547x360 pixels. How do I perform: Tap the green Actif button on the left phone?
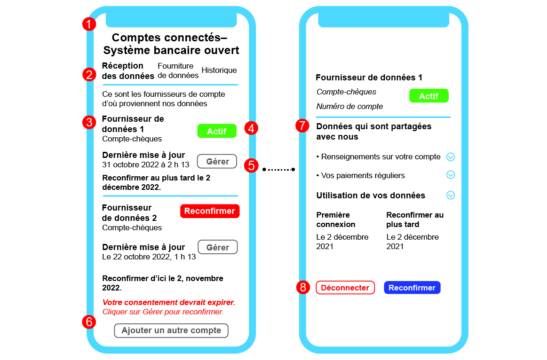point(216,131)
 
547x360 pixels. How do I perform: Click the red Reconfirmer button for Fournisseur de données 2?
point(209,211)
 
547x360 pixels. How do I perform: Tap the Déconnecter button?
point(345,288)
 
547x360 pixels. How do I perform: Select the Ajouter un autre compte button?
point(171,330)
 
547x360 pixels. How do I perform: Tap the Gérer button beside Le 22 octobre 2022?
point(217,247)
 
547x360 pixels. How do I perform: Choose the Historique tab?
point(219,70)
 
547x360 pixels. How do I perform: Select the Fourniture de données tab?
point(175,70)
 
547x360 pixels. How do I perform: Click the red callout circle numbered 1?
point(89,24)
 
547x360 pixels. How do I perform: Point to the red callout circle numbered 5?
point(252,165)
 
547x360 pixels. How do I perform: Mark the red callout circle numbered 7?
point(302,126)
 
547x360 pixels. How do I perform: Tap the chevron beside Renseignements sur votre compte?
point(450,157)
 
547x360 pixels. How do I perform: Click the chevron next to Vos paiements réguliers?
point(450,175)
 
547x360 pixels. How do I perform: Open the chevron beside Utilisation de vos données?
point(450,195)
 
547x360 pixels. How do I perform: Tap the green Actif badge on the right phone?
point(428,96)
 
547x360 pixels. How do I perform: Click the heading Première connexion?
point(336,219)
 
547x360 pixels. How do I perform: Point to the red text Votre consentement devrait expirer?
point(168,302)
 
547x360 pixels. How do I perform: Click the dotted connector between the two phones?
point(279,169)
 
